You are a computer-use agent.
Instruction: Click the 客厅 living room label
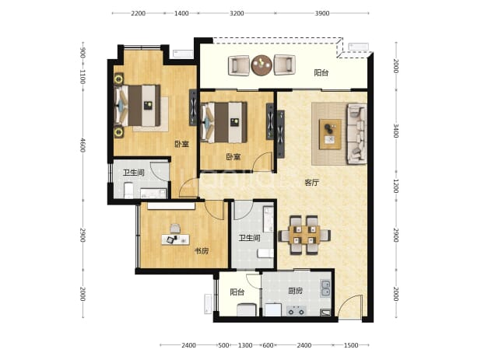pyautogui.click(x=311, y=183)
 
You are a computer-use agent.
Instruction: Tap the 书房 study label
pyautogui.click(x=202, y=251)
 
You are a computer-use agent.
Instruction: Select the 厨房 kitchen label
pyautogui.click(x=295, y=291)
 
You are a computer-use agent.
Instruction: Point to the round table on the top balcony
pyautogui.click(x=262, y=65)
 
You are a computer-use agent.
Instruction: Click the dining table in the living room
pyautogui.click(x=304, y=235)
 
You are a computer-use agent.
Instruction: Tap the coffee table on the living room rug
pyautogui.click(x=330, y=135)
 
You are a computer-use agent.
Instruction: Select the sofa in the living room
pyautogui.click(x=356, y=134)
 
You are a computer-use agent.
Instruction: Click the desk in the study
pyautogui.click(x=175, y=239)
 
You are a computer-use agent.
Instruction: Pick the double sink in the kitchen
pyautogui.click(x=325, y=288)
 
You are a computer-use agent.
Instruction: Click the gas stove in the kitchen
pyautogui.click(x=297, y=311)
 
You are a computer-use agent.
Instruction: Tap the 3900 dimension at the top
pyautogui.click(x=322, y=13)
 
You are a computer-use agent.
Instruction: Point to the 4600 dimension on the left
pyautogui.click(x=83, y=145)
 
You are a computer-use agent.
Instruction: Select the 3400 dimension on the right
pyautogui.click(x=395, y=131)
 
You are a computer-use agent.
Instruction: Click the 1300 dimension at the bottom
pyautogui.click(x=245, y=345)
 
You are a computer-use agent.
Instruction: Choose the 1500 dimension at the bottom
pyautogui.click(x=351, y=345)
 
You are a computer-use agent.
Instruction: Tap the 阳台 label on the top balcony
pyautogui.click(x=321, y=72)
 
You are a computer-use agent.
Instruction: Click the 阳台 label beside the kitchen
pyautogui.click(x=237, y=292)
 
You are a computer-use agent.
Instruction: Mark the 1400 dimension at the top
pyautogui.click(x=181, y=13)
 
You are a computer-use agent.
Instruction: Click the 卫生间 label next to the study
pyautogui.click(x=250, y=238)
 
